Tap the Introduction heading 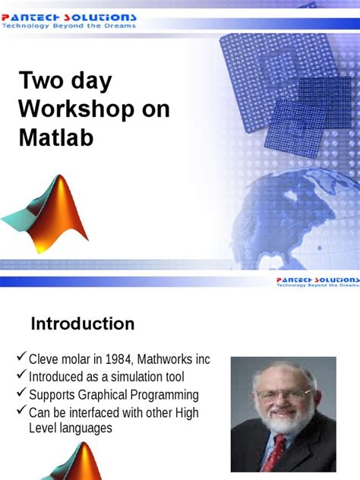[x=82, y=324]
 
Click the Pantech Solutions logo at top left [x=69, y=17]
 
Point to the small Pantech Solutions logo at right [x=316, y=280]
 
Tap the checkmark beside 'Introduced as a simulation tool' [x=21, y=377]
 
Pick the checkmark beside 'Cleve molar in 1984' [x=21, y=358]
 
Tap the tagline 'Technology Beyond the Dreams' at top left [x=68, y=26]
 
